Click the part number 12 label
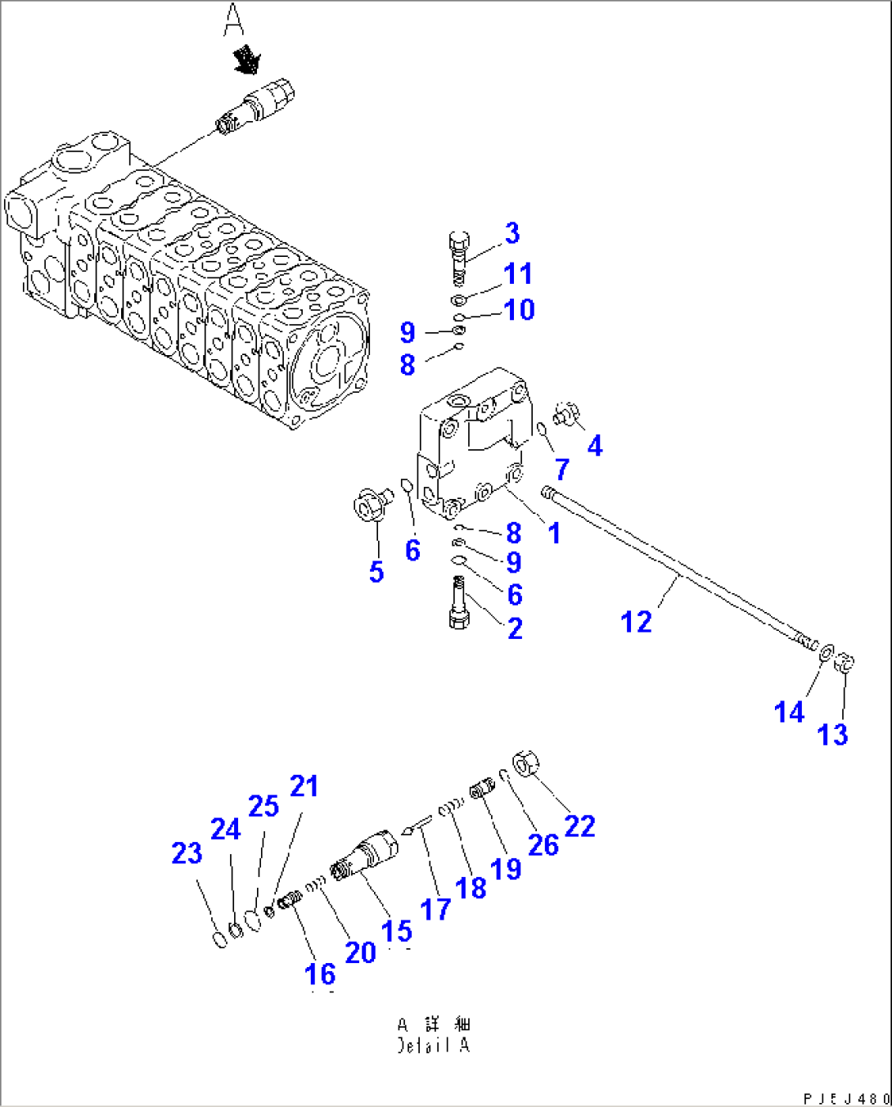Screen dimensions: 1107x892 point(636,622)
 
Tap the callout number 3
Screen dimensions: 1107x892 point(511,233)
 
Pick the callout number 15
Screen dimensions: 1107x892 point(397,930)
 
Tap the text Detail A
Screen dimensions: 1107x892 point(434,1046)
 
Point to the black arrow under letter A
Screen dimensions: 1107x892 point(246,60)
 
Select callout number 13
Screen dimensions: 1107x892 point(832,735)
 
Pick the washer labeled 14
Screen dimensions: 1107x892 point(827,652)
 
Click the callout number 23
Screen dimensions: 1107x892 point(187,853)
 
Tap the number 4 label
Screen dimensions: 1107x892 point(594,446)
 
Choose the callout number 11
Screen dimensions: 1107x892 point(518,274)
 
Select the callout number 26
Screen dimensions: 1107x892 point(543,845)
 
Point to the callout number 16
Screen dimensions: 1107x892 point(320,974)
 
